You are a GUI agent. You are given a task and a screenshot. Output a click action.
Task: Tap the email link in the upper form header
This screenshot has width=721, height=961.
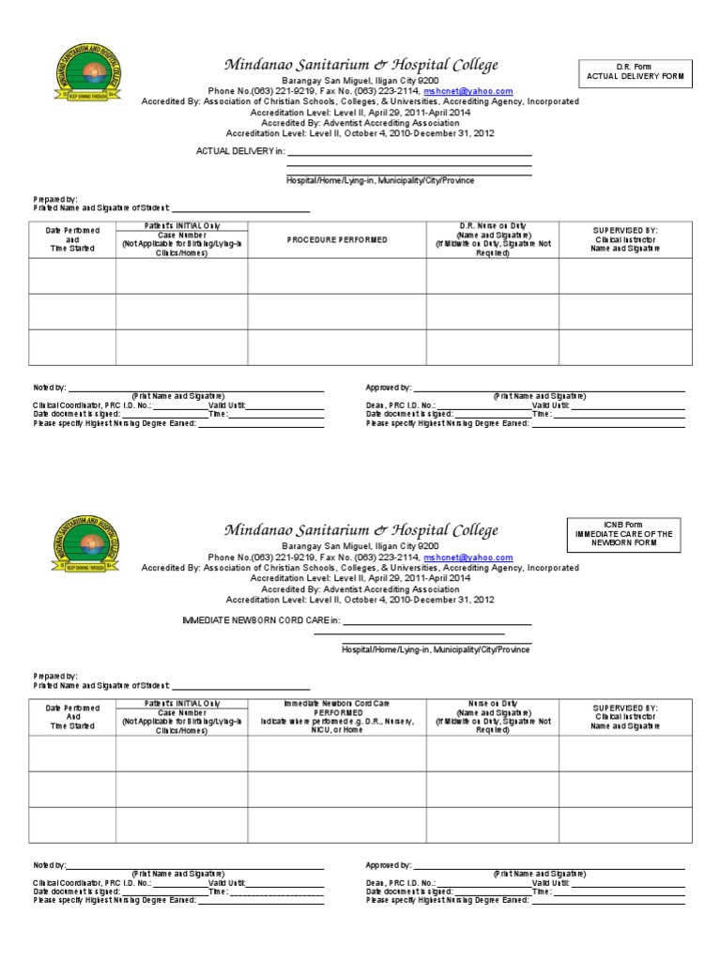point(468,91)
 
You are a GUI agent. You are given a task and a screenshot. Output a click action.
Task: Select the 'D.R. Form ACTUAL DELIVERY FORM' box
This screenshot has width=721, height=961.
point(637,72)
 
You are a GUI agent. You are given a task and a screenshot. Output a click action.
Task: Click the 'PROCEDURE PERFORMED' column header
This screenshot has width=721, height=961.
point(337,240)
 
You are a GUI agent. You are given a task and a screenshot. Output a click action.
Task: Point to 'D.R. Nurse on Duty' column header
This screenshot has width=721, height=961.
point(492,240)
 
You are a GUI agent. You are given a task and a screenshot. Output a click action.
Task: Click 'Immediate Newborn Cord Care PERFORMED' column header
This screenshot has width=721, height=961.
point(337,716)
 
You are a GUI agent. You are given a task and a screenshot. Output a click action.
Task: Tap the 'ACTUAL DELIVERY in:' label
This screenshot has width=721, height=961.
point(238,151)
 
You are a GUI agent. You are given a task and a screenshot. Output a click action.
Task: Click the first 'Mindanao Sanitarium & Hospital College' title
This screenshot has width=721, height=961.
point(360,65)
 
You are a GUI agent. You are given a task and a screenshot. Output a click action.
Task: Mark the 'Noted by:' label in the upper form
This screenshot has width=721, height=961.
point(50,387)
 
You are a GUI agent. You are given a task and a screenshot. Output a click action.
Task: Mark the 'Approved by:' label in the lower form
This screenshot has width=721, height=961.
point(388,865)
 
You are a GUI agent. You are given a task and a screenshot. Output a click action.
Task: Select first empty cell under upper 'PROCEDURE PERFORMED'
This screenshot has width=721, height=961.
point(337,276)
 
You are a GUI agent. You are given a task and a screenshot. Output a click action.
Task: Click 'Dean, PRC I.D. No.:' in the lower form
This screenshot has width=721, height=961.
point(400,883)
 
